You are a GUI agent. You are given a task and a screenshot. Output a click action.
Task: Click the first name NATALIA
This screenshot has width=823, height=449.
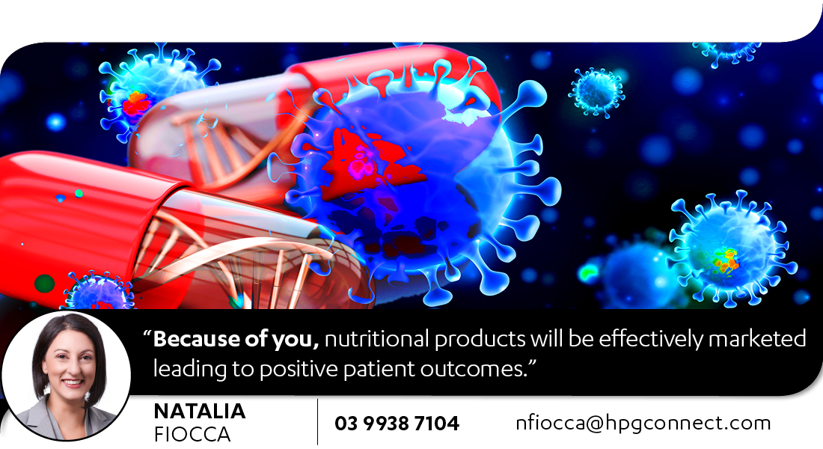200,411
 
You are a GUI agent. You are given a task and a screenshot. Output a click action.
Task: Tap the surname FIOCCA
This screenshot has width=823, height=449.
192,434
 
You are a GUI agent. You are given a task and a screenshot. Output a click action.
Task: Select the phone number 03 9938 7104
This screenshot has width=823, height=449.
397,424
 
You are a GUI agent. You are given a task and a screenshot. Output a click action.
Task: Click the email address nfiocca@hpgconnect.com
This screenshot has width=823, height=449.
643,423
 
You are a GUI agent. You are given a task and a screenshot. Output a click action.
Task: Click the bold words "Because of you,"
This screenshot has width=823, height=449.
236,339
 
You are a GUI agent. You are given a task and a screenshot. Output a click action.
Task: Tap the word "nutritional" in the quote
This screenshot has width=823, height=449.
377,339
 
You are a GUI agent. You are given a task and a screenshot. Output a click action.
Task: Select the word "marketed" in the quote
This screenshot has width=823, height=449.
757,339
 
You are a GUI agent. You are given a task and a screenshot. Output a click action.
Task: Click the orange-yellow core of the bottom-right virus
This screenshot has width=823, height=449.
726,261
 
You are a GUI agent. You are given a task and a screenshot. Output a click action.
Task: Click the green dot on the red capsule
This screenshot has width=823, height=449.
45,284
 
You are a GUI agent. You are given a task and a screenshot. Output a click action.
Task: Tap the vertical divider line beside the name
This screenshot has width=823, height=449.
317,422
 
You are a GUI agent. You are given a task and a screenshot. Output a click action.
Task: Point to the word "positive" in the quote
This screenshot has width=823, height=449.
299,370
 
